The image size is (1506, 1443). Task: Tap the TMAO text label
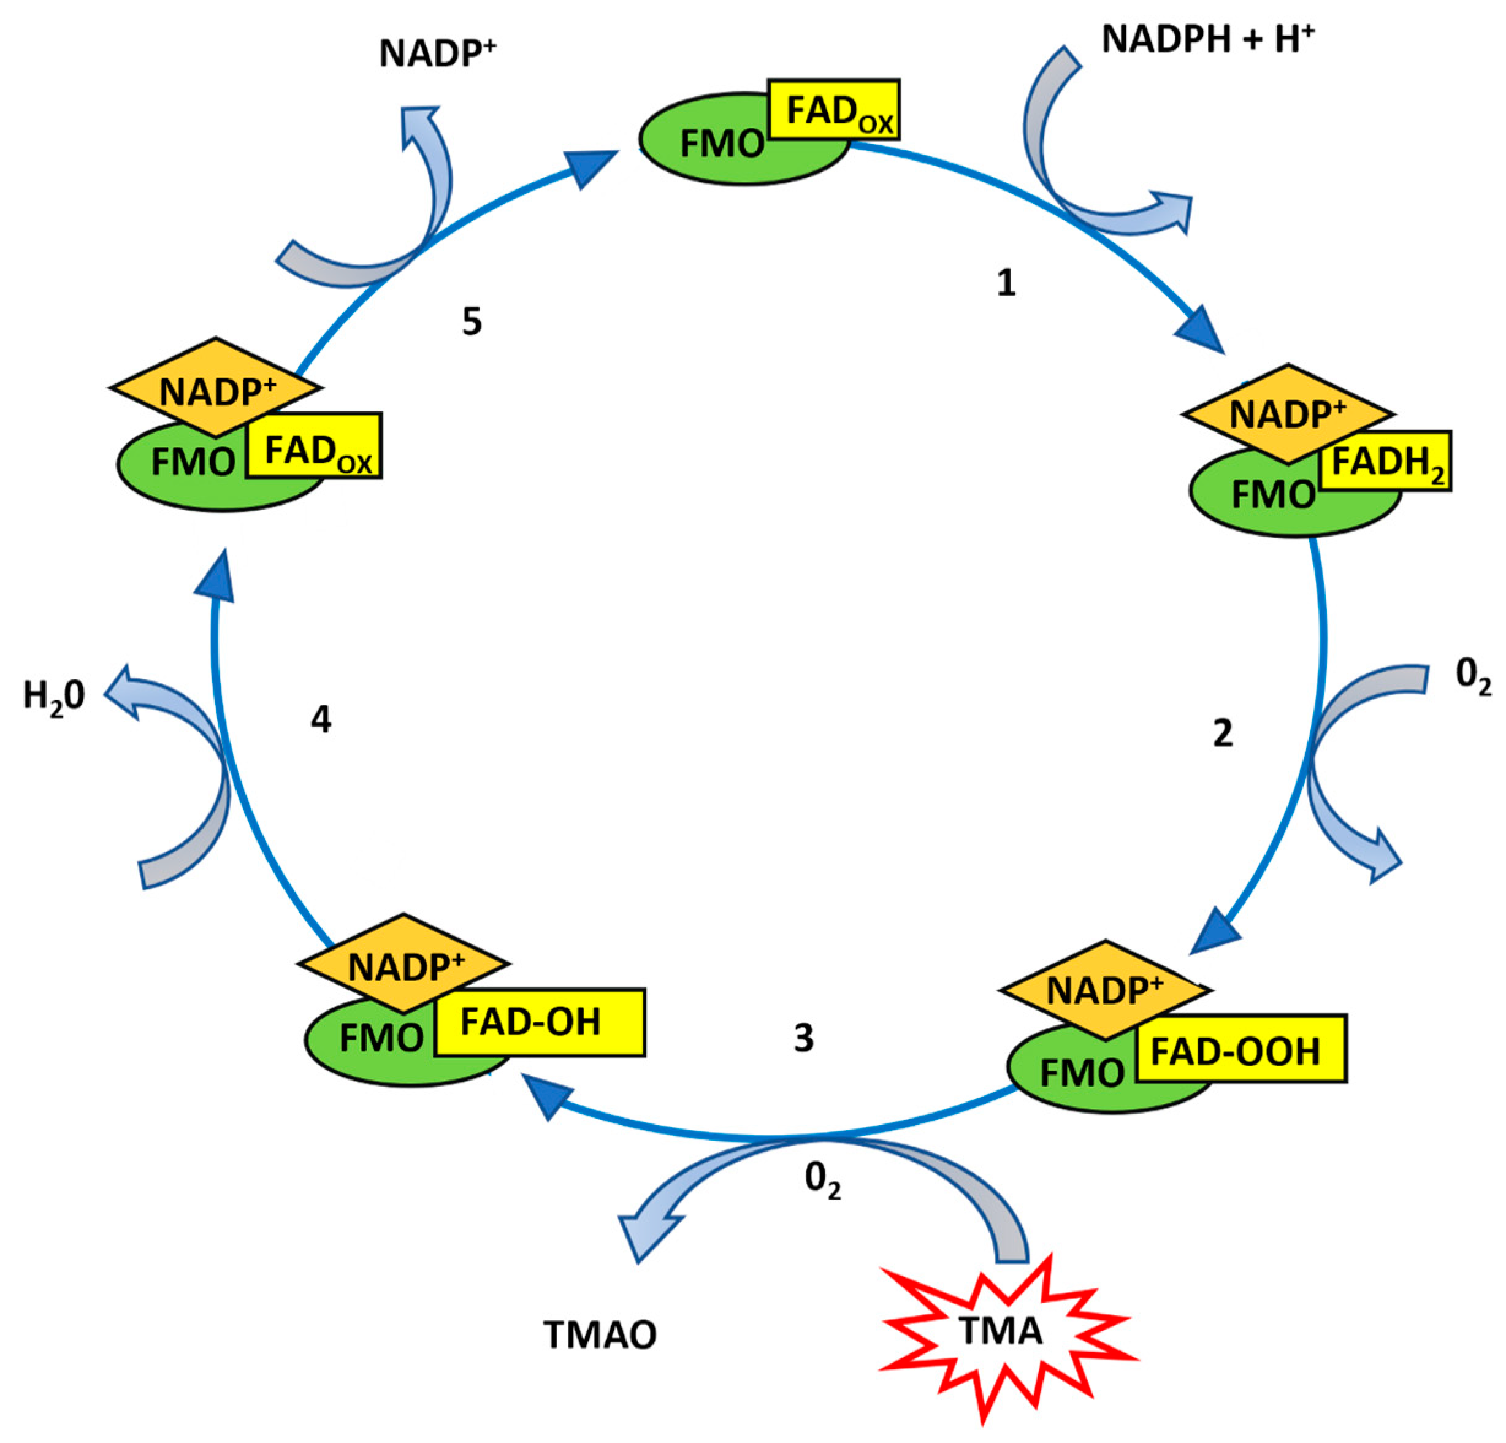pyautogui.click(x=600, y=1336)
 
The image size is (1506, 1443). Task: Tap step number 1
pyautogui.click(x=1006, y=283)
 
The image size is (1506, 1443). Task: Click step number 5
pyautogui.click(x=472, y=322)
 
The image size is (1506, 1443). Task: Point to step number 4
pyautogui.click(x=321, y=719)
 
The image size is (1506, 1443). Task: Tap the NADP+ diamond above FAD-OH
pyautogui.click(x=404, y=966)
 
